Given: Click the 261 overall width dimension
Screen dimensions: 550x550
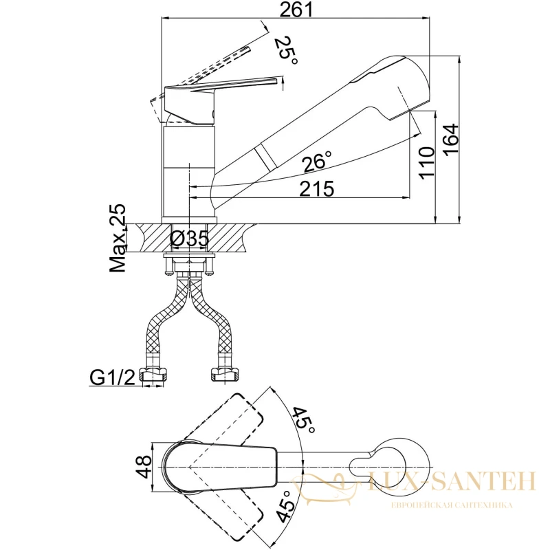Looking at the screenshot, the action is click(x=296, y=10).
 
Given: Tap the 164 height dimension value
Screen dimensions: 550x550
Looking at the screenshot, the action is click(x=451, y=138).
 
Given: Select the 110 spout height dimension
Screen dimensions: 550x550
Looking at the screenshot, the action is click(x=427, y=164).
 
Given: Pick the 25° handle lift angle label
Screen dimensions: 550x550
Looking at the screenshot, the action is click(x=287, y=49).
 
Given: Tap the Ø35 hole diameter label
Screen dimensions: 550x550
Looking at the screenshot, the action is click(x=190, y=239).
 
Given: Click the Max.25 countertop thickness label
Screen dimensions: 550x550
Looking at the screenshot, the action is click(x=118, y=238).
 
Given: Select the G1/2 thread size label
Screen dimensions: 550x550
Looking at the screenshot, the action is click(x=113, y=377).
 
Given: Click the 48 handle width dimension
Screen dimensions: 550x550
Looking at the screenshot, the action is click(x=144, y=467).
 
